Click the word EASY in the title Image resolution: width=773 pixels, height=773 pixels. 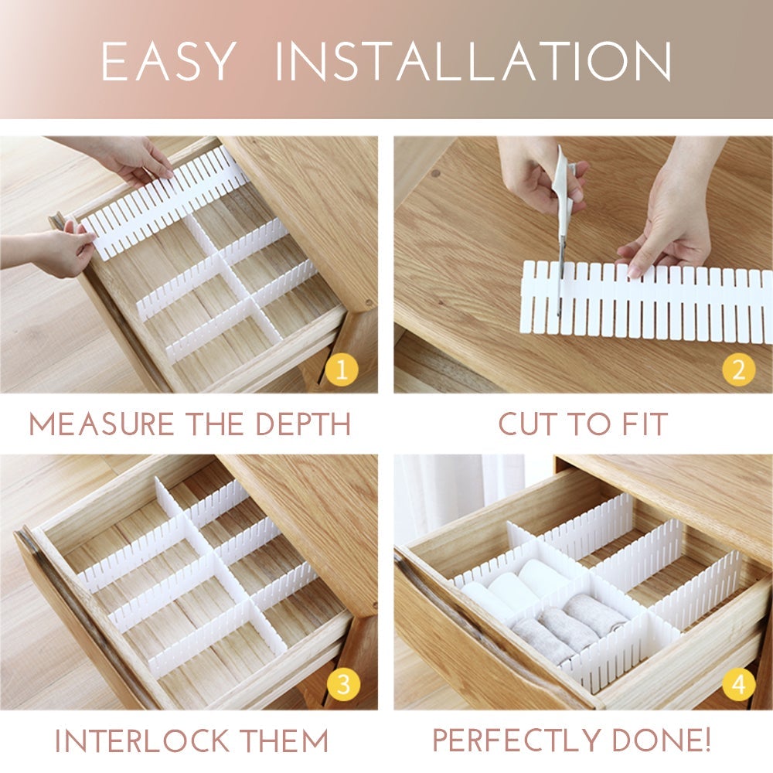[168, 61]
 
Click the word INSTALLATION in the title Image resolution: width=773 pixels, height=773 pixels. [473, 61]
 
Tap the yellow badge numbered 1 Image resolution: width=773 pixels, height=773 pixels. [342, 370]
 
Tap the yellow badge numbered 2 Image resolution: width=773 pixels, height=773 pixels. [738, 370]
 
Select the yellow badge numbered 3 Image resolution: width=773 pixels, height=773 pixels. [342, 685]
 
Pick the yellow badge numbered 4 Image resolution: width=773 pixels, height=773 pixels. [738, 685]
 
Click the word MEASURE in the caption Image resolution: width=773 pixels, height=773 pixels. [101, 424]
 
